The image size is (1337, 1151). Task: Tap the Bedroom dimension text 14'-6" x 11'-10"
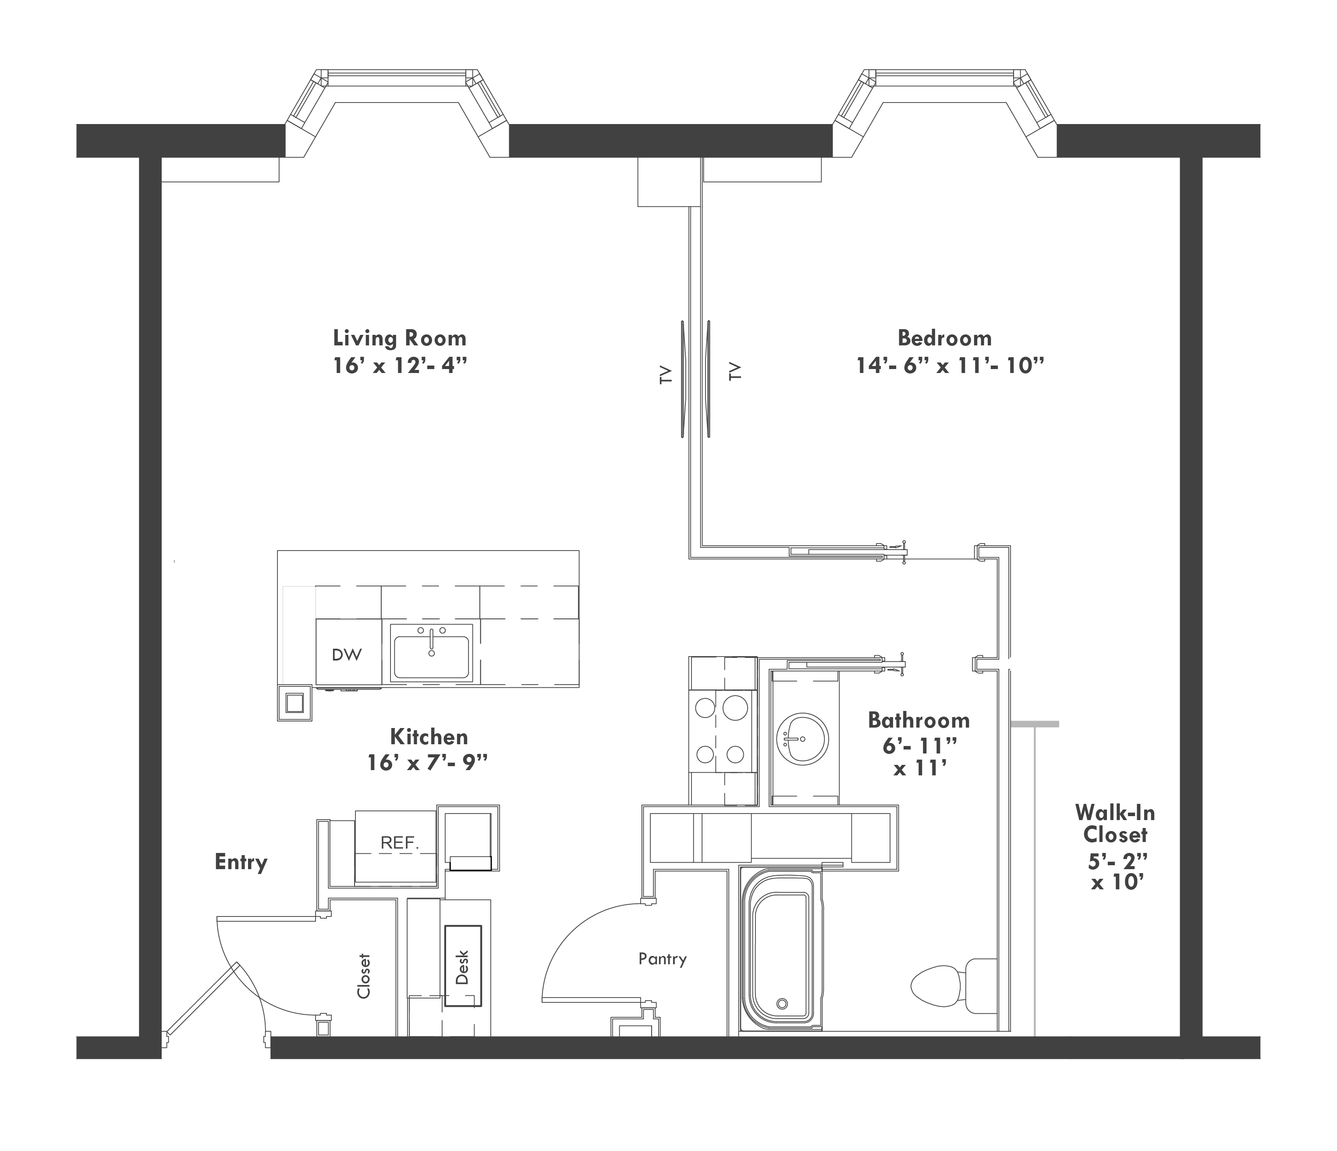[x=950, y=366]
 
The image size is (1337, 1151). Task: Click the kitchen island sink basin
[x=432, y=657]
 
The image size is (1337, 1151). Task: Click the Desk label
[x=462, y=967]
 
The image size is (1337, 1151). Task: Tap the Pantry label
[x=662, y=959]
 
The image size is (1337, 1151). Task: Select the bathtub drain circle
[x=782, y=1004]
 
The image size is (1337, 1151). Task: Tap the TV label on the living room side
[x=666, y=375]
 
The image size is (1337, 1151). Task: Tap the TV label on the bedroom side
[x=735, y=371]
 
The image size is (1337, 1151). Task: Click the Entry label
[x=241, y=863]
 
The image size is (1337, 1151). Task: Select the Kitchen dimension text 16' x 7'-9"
[x=427, y=763]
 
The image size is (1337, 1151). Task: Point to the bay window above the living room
[x=397, y=113]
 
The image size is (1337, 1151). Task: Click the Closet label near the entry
[x=364, y=976]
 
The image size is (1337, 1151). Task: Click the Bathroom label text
[x=919, y=720]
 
